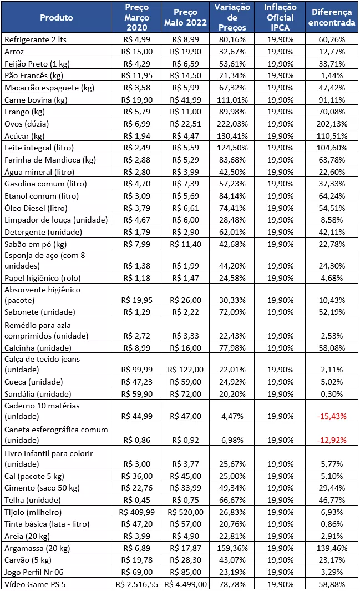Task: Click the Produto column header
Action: (56, 17)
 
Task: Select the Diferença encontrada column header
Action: (332, 17)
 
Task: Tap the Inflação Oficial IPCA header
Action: (280, 17)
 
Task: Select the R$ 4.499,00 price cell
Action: (186, 584)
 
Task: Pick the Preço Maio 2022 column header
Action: (185, 17)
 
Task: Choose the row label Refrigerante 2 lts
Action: (35, 39)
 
